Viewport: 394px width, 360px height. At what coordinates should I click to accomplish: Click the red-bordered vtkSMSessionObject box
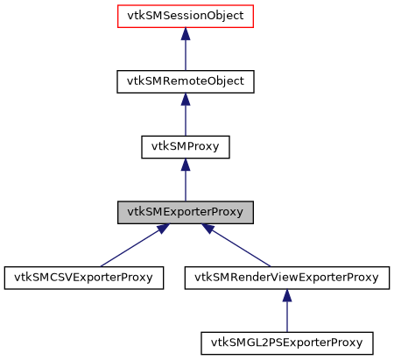[185, 17]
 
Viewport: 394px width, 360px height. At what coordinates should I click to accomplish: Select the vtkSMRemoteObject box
[185, 81]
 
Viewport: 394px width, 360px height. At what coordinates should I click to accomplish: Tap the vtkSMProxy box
[185, 147]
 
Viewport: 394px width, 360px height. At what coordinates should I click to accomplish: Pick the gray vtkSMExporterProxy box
[185, 212]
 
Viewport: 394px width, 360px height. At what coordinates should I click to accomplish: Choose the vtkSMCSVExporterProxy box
[84, 278]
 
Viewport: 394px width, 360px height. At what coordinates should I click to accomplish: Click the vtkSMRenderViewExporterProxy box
[287, 278]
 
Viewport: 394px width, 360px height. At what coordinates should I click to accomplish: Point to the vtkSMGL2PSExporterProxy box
[287, 342]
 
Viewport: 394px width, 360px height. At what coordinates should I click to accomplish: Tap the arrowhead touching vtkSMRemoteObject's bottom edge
[185, 100]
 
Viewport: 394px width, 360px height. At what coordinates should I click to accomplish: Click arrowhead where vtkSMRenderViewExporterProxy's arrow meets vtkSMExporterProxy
[209, 229]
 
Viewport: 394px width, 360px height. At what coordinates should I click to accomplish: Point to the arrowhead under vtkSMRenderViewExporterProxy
[287, 296]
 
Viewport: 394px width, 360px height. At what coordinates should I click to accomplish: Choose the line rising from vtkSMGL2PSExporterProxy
[287, 318]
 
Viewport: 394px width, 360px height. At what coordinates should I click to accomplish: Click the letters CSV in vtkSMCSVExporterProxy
[55, 278]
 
